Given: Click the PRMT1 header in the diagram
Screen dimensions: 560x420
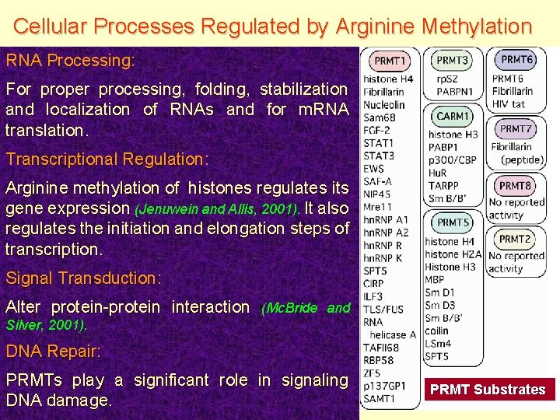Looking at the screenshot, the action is tap(390, 61).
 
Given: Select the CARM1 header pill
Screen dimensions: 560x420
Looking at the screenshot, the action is tap(453, 116).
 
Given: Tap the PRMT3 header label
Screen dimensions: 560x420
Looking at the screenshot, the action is tap(453, 61).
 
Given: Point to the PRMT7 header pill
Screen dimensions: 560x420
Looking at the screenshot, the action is tap(516, 128).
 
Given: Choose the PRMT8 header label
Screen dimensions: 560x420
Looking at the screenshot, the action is tap(515, 186).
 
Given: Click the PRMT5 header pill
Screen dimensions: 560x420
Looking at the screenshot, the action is tap(453, 222).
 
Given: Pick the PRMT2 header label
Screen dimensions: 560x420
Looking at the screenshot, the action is tap(515, 240).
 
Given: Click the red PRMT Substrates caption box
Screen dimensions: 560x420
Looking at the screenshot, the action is tap(488, 389).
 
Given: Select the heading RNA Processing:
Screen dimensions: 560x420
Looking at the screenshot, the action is tap(70, 60).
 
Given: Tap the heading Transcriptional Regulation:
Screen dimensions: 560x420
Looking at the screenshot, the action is tap(107, 159).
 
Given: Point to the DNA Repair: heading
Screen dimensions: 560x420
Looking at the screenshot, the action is tap(53, 351).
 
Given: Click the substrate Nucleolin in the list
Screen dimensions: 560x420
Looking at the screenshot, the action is tap(384, 105).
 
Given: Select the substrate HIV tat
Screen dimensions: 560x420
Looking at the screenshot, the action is tap(509, 104).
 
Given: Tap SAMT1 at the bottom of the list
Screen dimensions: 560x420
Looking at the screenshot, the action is tap(380, 399).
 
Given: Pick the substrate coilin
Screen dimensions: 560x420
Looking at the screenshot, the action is tap(437, 331).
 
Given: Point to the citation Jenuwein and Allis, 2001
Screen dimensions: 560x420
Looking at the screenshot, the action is tap(218, 209).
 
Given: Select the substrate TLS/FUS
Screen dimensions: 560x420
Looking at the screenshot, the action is tap(383, 309).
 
